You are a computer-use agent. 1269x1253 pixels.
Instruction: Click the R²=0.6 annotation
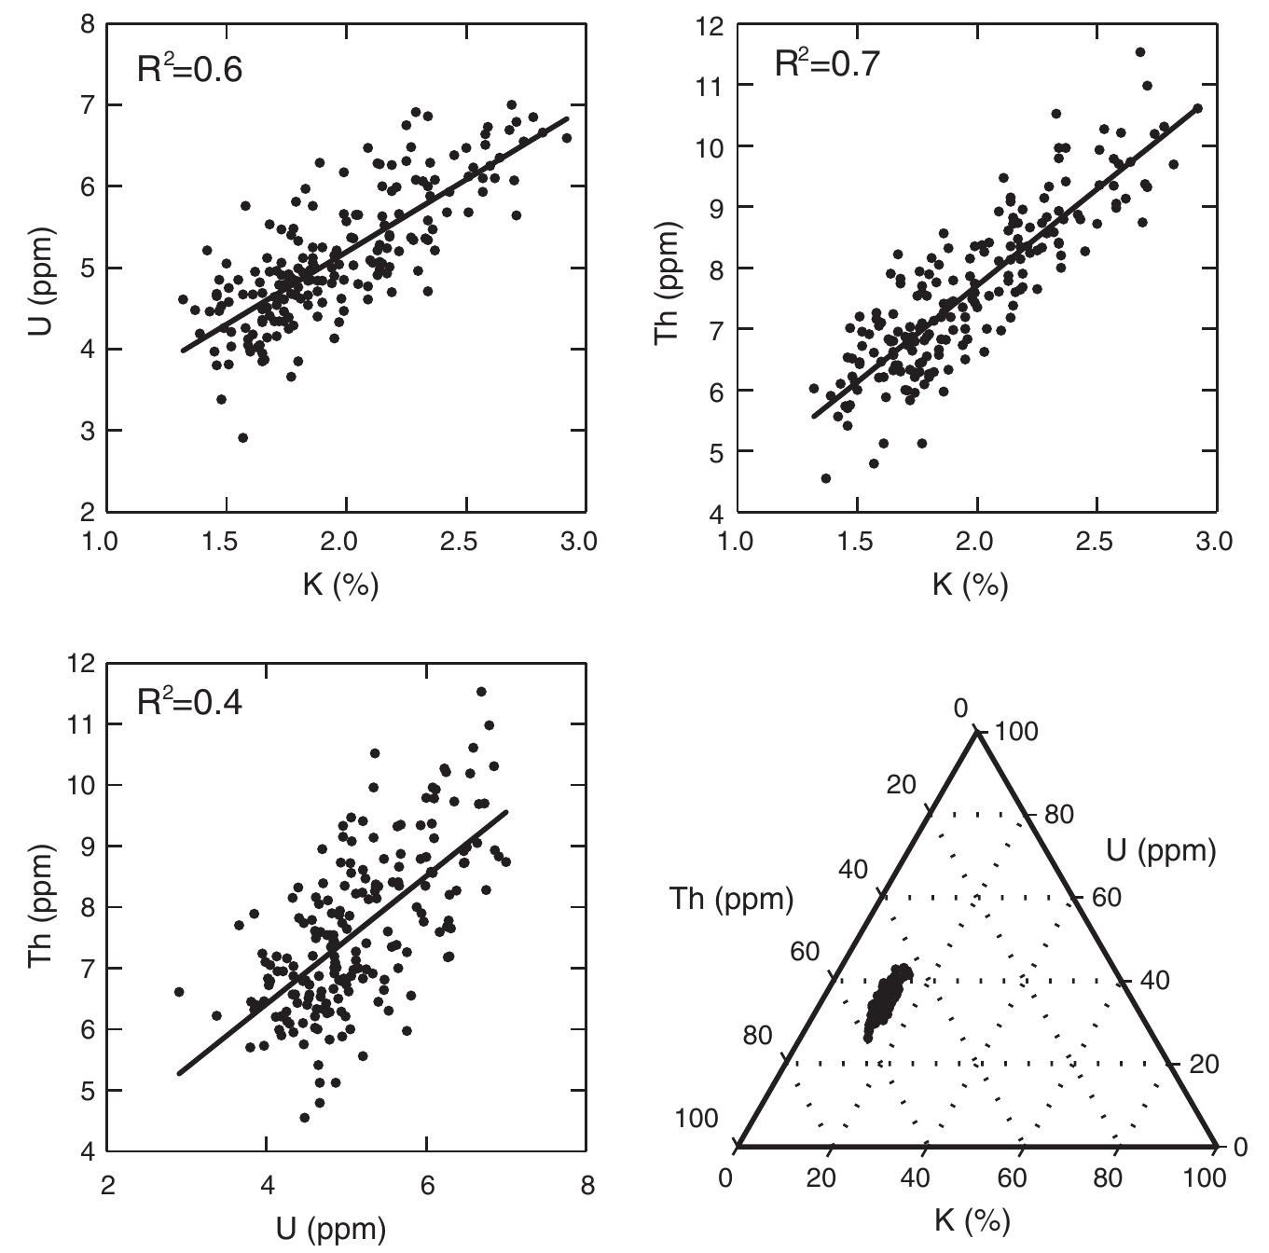pos(190,70)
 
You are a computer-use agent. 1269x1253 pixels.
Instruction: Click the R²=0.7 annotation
pos(827,64)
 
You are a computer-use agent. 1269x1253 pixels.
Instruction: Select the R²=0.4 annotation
pos(190,702)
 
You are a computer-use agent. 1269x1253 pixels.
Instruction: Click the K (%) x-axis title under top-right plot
pos(971,585)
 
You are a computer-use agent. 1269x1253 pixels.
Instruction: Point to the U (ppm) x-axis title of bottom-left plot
pos(330,1229)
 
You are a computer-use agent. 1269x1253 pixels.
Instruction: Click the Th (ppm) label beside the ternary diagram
pos(731,900)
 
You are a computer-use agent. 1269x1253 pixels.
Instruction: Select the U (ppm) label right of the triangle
pos(1161,850)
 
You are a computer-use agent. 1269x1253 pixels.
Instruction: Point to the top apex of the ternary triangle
pos(977,732)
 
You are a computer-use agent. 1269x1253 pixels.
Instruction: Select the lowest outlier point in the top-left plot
pos(242,437)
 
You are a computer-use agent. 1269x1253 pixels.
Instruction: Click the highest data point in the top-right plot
pos(1139,52)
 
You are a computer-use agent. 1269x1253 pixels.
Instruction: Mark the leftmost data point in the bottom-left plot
pos(179,992)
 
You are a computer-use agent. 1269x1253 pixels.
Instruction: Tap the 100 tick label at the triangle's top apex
pos(1015,732)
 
